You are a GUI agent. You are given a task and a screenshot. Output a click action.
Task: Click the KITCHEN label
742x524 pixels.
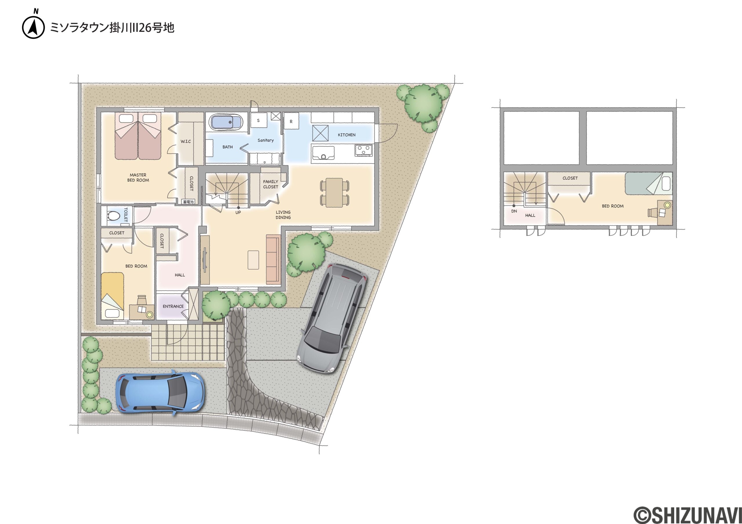346,135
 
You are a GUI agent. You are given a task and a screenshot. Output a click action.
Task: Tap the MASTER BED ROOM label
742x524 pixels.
138,177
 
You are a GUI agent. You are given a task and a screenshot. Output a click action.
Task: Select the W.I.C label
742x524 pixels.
185,141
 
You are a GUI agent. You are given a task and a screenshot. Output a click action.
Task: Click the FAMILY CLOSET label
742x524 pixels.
270,184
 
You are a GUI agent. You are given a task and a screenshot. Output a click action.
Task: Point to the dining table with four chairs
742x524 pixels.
334,192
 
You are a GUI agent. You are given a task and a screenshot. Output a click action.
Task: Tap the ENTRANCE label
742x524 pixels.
173,306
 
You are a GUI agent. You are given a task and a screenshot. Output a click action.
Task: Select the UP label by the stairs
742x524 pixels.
238,212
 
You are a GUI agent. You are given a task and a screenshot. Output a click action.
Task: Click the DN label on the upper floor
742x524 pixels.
514,211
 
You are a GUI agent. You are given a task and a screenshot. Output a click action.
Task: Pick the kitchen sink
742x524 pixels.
323,153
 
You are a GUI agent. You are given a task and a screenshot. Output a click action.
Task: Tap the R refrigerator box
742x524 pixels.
291,122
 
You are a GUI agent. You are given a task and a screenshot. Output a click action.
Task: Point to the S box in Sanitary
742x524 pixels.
259,120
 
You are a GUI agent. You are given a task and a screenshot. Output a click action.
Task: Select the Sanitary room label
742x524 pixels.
266,140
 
